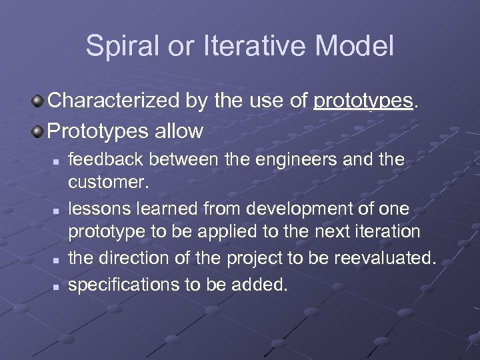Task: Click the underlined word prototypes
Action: (362, 102)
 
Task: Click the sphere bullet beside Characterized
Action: (39, 101)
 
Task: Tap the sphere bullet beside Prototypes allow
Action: (39, 130)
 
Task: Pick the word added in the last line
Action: (261, 285)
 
